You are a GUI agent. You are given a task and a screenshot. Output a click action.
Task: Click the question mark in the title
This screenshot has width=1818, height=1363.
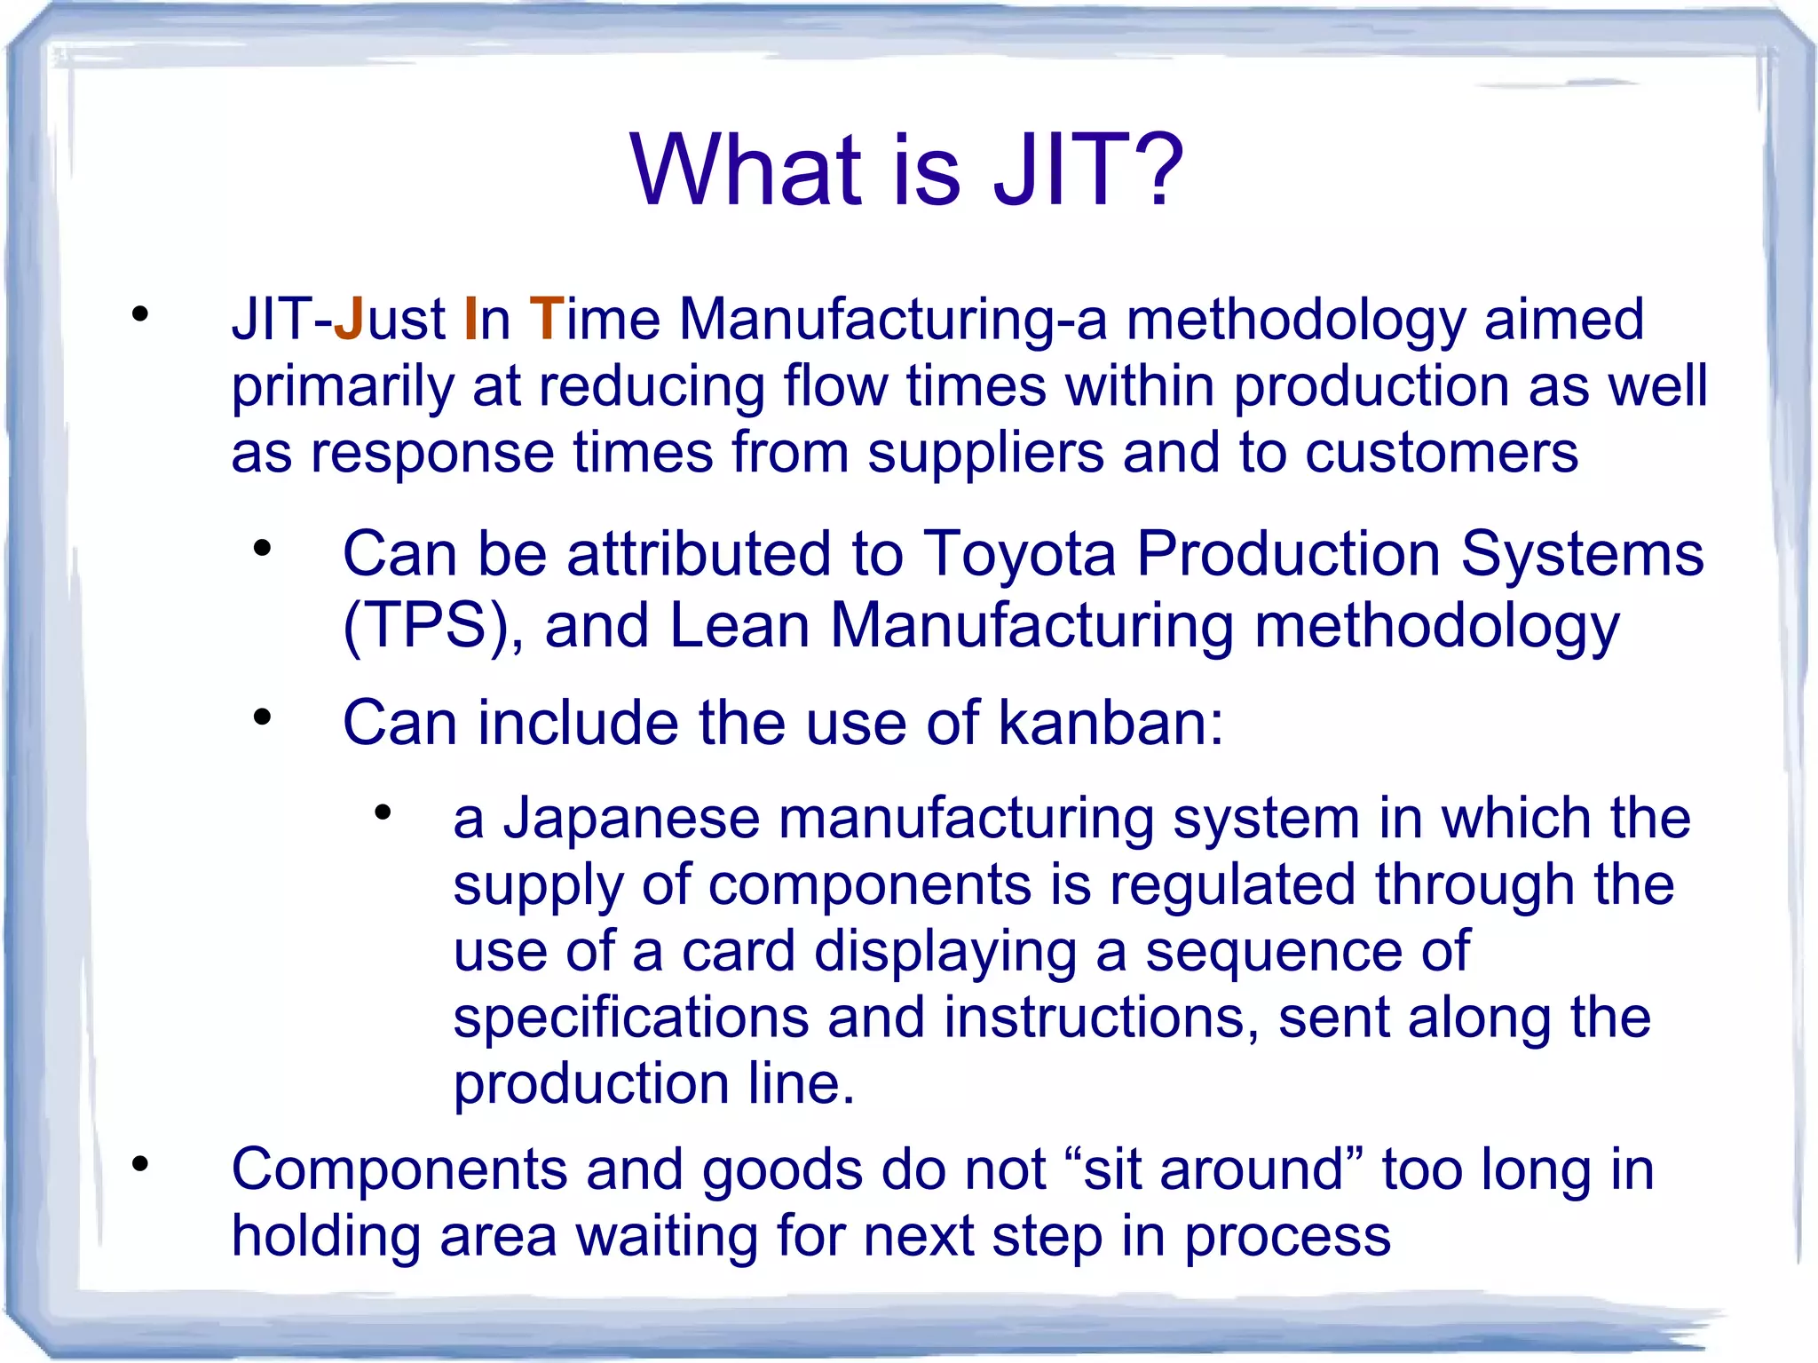(1153, 169)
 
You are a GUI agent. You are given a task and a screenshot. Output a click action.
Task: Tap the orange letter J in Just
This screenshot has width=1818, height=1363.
(349, 319)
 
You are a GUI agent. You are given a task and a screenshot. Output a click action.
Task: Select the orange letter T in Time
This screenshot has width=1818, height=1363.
(546, 319)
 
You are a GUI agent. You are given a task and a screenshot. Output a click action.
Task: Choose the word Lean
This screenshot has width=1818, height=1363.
(739, 626)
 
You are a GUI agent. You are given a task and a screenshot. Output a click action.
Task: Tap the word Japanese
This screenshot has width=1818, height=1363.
(631, 818)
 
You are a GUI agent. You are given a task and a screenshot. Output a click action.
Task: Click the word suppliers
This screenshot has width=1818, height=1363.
(985, 454)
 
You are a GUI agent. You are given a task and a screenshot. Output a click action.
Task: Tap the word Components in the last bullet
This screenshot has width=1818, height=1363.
(399, 1169)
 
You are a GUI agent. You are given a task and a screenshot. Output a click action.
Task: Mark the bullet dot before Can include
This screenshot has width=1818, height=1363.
(261, 717)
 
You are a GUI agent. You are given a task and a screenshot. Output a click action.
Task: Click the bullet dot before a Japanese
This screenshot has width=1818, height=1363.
(383, 812)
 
